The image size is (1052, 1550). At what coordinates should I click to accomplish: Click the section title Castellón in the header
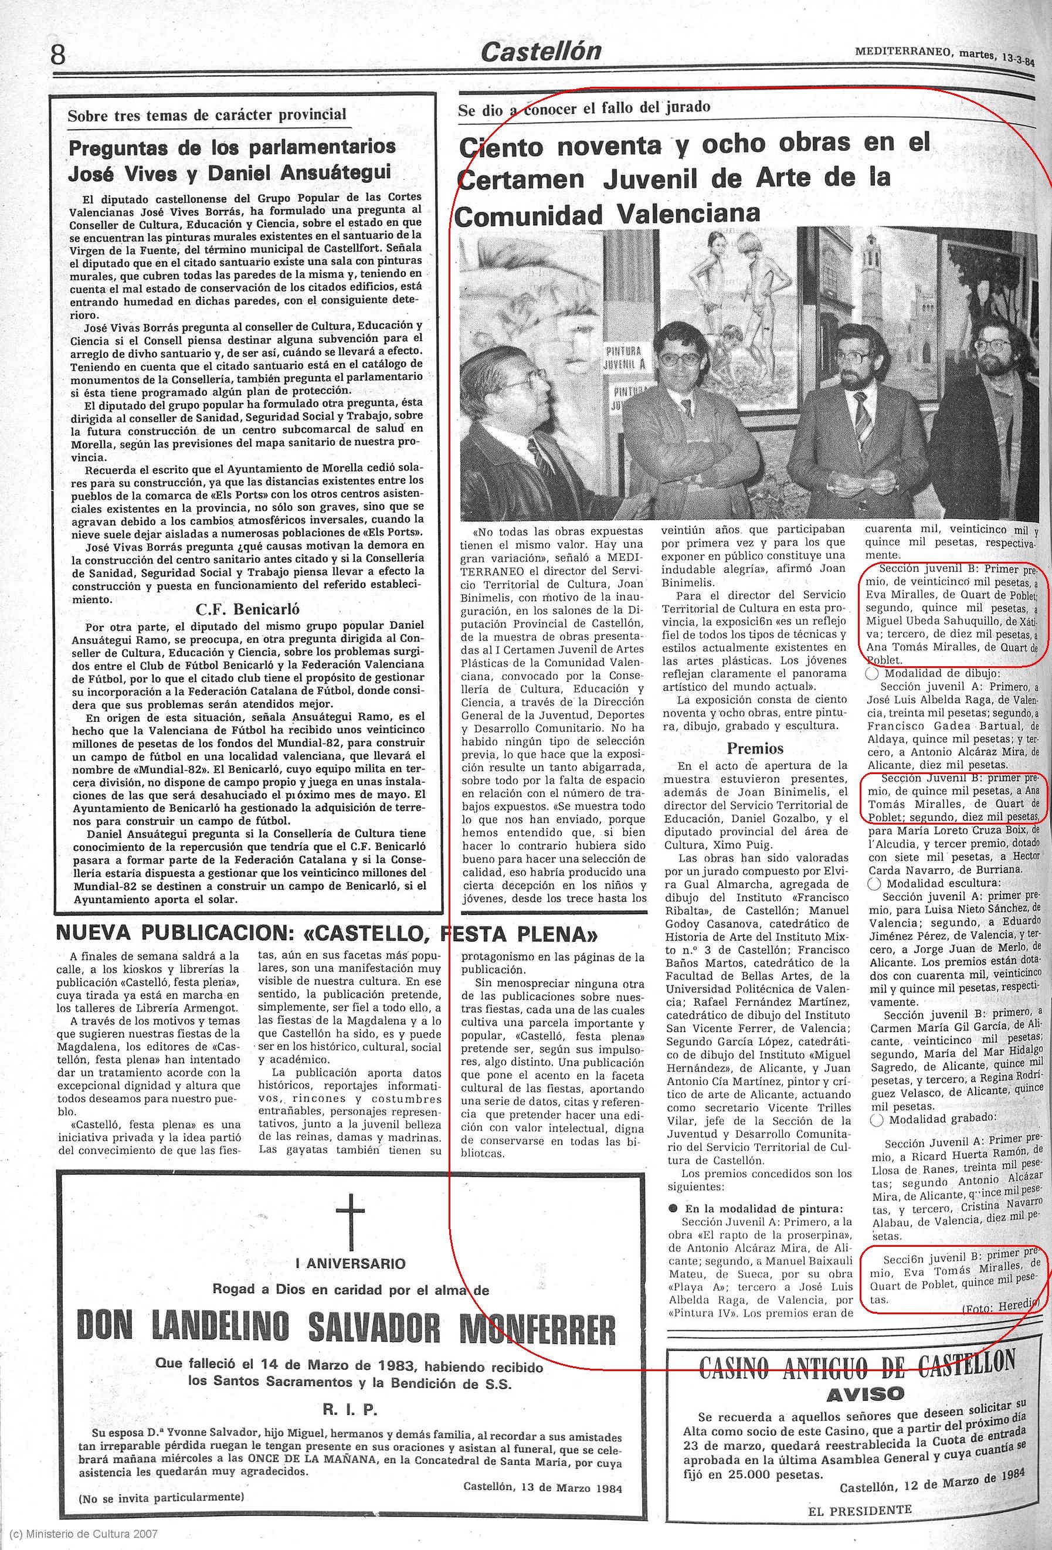[x=541, y=52]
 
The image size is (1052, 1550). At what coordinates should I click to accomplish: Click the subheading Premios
[x=755, y=748]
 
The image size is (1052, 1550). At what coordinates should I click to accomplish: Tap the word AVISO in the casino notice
[x=865, y=1375]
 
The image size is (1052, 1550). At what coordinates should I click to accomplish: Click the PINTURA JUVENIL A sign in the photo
[x=623, y=358]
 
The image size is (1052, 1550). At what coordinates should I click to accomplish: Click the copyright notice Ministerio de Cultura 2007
[x=80, y=1534]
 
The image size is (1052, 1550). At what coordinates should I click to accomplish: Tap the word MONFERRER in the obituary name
[x=538, y=1329]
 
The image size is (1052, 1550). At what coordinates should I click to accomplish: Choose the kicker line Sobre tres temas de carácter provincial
[x=207, y=115]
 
